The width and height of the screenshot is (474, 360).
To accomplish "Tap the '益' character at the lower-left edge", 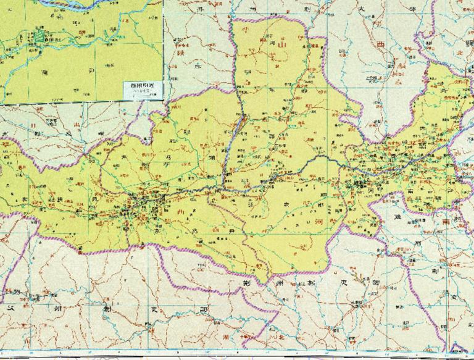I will [9, 306].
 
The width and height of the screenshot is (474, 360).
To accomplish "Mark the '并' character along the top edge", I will [199, 12].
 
